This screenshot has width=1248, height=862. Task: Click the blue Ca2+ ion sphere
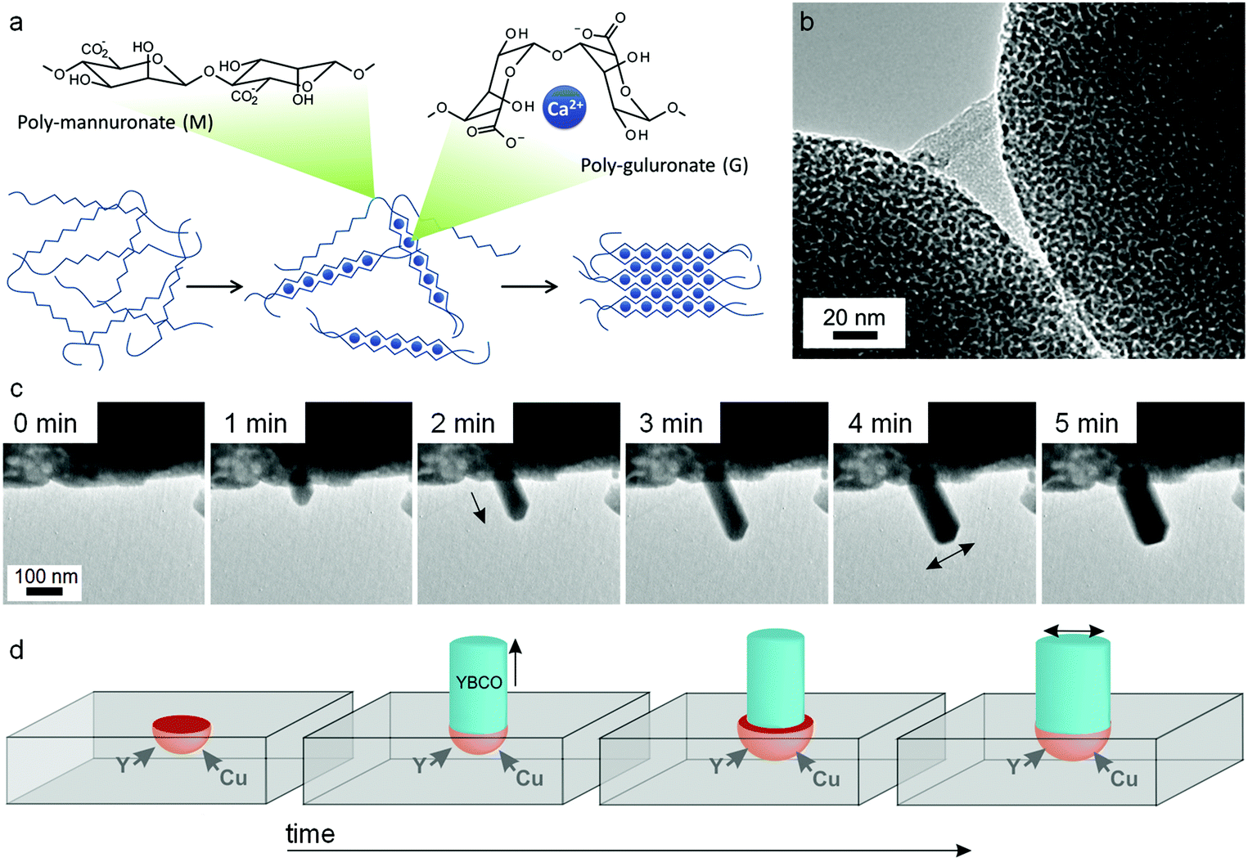click(x=564, y=107)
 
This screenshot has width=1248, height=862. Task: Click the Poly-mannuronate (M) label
click(x=115, y=123)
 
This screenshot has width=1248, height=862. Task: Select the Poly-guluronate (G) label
click(x=665, y=165)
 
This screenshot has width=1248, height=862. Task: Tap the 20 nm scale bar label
click(x=854, y=317)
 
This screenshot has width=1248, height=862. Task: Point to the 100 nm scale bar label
click(x=47, y=576)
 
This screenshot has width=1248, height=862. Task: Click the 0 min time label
click(x=45, y=424)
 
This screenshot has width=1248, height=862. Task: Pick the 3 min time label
click(x=671, y=424)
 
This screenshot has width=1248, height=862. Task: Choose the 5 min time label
click(x=1087, y=424)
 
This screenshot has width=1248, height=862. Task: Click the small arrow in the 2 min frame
click(x=479, y=507)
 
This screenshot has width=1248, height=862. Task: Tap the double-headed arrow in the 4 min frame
click(x=950, y=556)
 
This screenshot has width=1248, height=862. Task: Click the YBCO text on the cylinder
click(x=479, y=682)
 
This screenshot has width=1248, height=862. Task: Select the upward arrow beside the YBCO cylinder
click(x=516, y=662)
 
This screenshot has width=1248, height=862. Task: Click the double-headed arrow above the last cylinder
click(x=1074, y=631)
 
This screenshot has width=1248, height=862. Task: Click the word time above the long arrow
click(x=310, y=834)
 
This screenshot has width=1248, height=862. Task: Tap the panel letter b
click(x=807, y=21)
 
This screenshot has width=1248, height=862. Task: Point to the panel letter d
click(x=16, y=649)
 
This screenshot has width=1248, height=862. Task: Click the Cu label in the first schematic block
click(x=233, y=778)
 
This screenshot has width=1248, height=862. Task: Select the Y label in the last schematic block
click(x=1014, y=767)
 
